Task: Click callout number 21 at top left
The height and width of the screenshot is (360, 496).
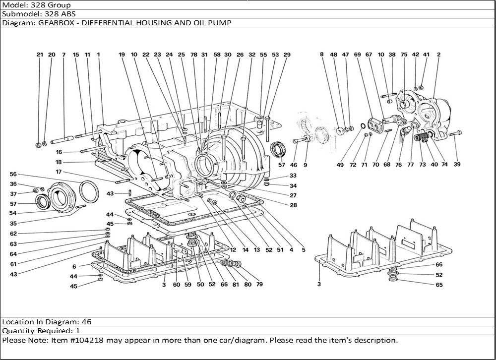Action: tap(40, 55)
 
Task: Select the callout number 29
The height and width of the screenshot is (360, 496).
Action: tap(287, 55)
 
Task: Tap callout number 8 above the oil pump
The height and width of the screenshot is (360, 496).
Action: tap(322, 54)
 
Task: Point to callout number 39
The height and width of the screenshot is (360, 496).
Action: tap(457, 164)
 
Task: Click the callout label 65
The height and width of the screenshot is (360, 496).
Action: tap(439, 285)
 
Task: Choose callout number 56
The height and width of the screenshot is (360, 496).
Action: tap(13, 175)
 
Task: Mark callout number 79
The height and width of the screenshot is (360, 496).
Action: tap(259, 284)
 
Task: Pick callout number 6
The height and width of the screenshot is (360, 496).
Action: tap(74, 267)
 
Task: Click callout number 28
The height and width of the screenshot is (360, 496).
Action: tap(293, 205)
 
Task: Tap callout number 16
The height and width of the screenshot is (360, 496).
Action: tap(59, 152)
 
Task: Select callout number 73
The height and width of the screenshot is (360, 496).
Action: tap(423, 165)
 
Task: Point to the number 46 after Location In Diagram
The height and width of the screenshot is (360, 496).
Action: tap(86, 322)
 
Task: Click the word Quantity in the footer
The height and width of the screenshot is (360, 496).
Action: tap(19, 331)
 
